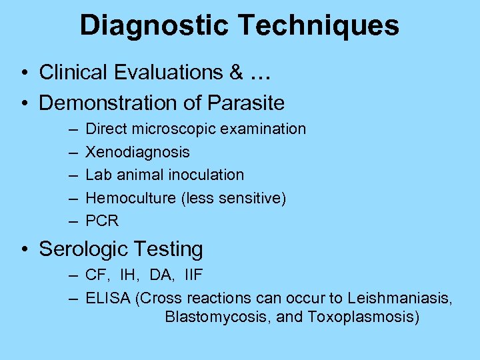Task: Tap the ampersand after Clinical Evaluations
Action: click(x=236, y=72)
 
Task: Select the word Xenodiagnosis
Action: click(x=138, y=152)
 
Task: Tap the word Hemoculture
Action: click(x=125, y=198)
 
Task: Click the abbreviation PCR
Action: click(x=102, y=221)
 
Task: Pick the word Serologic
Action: click(x=77, y=249)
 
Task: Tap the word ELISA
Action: click(x=108, y=298)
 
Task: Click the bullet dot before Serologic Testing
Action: click(x=24, y=250)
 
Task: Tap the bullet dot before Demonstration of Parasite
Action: click(x=24, y=103)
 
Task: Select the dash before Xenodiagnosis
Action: click(x=71, y=152)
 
